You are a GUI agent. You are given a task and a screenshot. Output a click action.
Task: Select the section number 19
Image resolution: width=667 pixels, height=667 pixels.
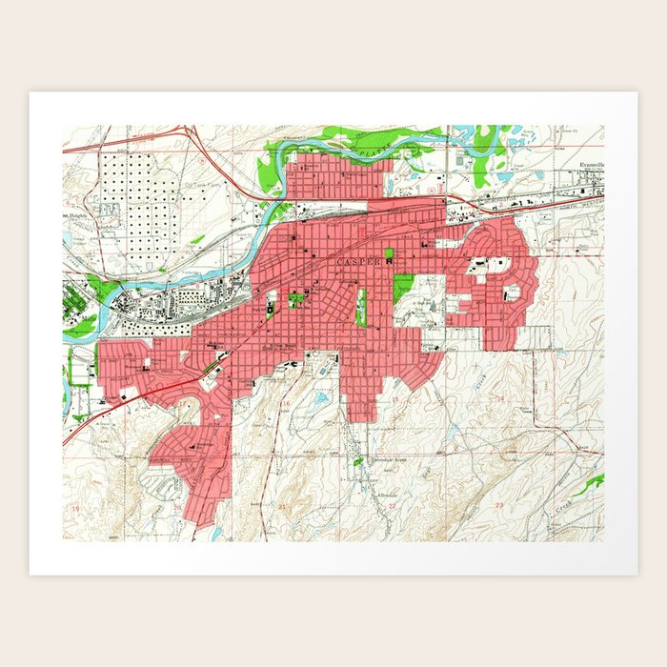75,511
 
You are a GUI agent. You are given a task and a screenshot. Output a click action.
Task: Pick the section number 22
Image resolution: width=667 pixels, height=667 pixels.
392,506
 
